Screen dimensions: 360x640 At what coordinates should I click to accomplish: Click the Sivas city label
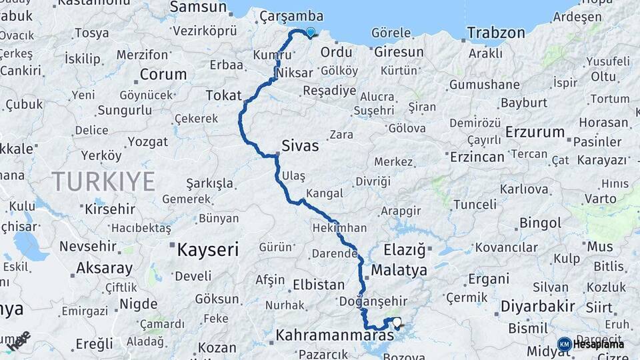coord(300,145)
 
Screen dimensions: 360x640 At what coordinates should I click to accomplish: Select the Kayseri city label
coord(207,250)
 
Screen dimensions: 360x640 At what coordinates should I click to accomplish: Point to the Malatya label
coord(399,270)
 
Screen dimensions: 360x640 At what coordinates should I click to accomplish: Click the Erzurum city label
coord(535,131)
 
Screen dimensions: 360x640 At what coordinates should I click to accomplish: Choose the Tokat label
coord(223,95)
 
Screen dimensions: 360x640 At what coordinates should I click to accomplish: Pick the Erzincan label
coord(477,157)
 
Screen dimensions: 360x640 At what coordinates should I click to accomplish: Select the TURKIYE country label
coord(103,181)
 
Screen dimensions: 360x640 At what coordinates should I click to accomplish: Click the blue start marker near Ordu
coord(310,31)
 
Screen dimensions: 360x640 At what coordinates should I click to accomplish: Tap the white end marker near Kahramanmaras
coord(397,323)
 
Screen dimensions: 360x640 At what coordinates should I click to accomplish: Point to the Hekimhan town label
coord(339,228)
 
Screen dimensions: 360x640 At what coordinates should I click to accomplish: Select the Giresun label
coord(399,51)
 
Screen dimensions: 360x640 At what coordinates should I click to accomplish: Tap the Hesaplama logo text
coord(599,344)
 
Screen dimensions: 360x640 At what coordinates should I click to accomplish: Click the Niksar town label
coord(293,71)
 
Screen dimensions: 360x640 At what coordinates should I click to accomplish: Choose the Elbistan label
coord(319,285)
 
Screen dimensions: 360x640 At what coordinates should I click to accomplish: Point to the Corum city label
coord(163,74)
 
